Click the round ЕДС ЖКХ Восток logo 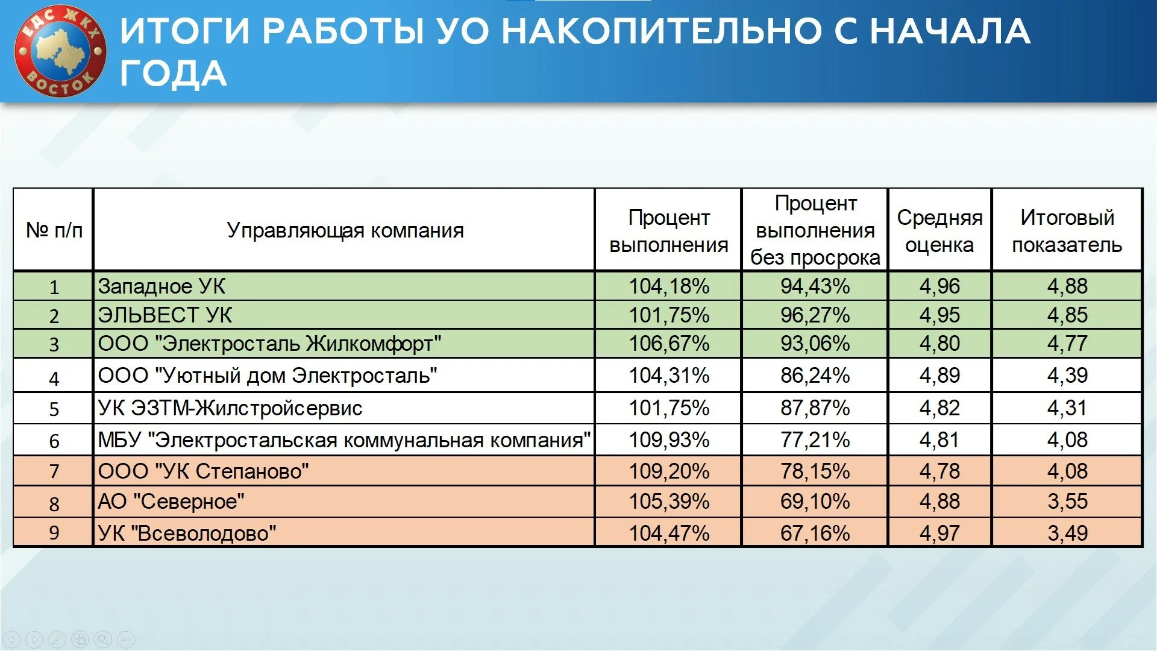[x=60, y=51]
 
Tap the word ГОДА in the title [x=173, y=74]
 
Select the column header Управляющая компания [x=345, y=230]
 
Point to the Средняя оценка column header [x=939, y=231]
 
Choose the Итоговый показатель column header [x=1067, y=231]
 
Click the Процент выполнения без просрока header [x=815, y=230]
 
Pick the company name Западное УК [x=161, y=286]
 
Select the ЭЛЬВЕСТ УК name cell [x=165, y=315]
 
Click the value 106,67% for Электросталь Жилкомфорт [x=669, y=344]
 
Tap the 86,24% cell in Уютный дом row [x=815, y=376]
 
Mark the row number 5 [x=54, y=409]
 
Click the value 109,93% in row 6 [x=669, y=440]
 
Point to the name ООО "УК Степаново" [x=203, y=471]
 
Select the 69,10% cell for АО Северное [x=815, y=502]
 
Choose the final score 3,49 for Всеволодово [x=1067, y=533]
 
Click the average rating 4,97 [x=939, y=533]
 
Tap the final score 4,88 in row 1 [x=1067, y=286]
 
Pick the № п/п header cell [x=54, y=230]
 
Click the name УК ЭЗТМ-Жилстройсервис [x=230, y=409]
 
